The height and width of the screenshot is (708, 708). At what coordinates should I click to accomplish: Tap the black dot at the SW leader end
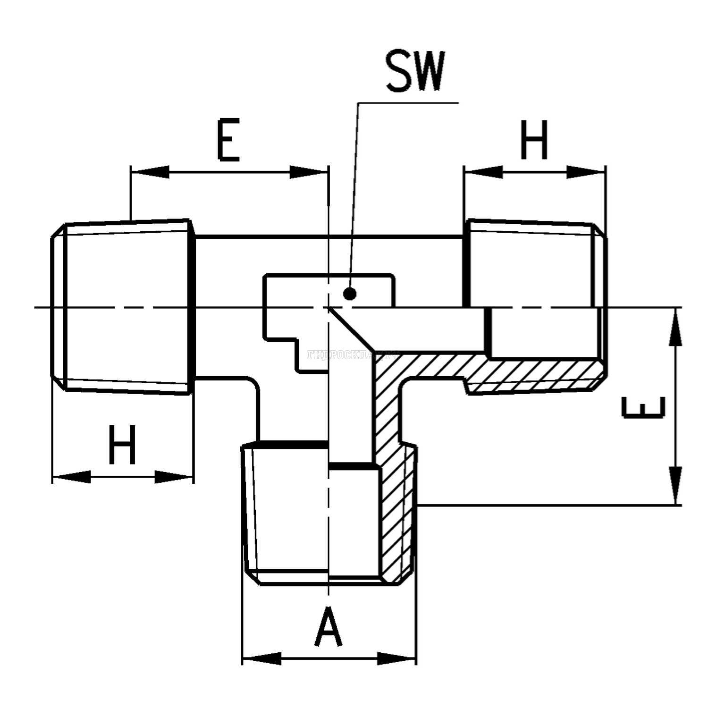[x=349, y=294]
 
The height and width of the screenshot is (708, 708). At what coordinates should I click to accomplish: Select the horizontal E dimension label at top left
[x=228, y=140]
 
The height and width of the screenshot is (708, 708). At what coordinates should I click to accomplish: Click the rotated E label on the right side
[x=643, y=407]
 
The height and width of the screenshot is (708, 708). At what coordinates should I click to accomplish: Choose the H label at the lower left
[x=122, y=445]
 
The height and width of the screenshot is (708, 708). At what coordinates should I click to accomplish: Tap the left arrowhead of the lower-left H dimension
[x=71, y=476]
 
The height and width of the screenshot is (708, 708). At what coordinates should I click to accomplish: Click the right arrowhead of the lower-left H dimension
[x=174, y=476]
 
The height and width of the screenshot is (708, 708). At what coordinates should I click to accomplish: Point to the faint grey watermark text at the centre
[x=352, y=355]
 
